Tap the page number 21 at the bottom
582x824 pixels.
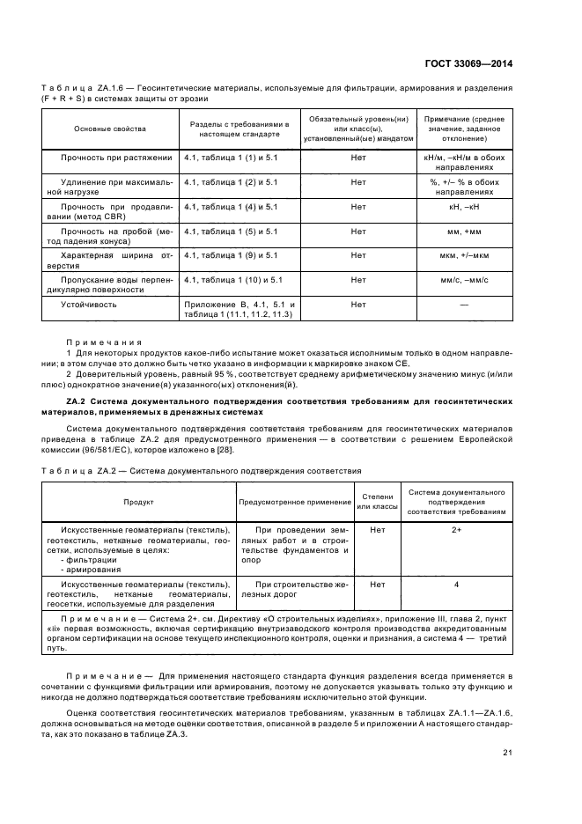(x=508, y=752)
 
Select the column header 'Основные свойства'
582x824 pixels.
(x=110, y=129)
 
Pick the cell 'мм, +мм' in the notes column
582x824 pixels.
(x=463, y=232)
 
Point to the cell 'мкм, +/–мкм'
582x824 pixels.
(x=463, y=255)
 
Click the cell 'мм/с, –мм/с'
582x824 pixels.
(x=463, y=280)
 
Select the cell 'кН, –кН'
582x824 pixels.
(x=463, y=207)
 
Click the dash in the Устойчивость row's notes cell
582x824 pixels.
(x=463, y=305)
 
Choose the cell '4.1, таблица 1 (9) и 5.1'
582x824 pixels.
(x=231, y=255)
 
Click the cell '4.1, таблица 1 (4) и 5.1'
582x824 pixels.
(x=231, y=207)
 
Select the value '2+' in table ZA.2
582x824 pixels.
(x=456, y=530)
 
